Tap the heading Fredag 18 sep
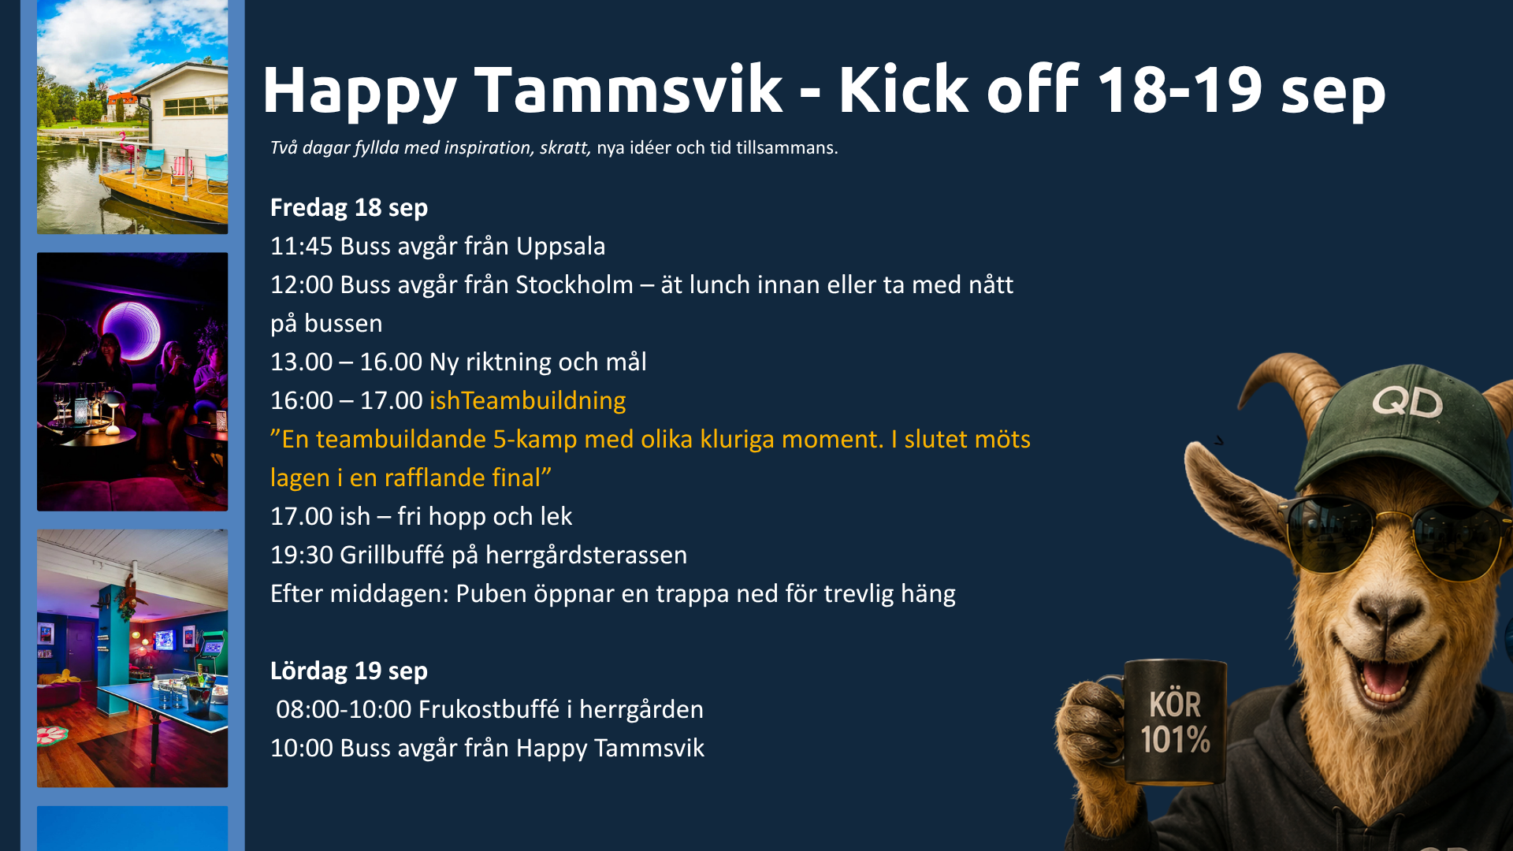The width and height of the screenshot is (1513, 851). pos(349,208)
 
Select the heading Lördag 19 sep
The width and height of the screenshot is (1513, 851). pos(349,671)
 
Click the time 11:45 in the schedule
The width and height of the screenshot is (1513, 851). pos(302,246)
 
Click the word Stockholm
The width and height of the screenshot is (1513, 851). pos(574,284)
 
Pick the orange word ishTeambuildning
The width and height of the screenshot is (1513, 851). pos(528,401)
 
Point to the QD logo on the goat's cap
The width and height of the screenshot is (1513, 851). pos(1407,402)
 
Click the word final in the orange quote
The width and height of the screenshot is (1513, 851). pos(520,478)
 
